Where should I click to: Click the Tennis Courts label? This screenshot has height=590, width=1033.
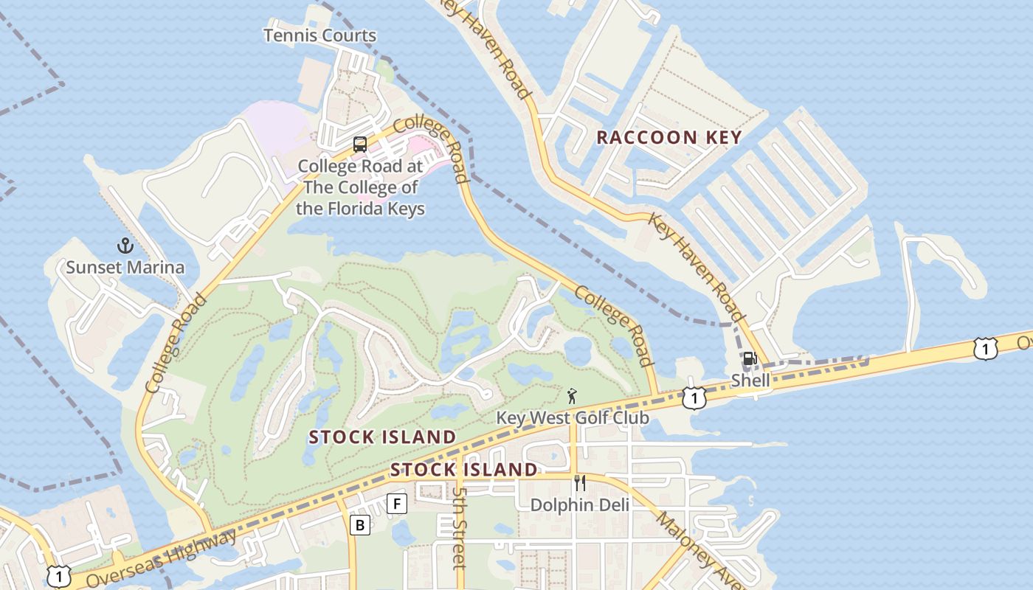pos(319,35)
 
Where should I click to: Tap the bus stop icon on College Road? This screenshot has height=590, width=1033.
pos(360,145)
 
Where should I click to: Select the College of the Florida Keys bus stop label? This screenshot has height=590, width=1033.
pos(360,187)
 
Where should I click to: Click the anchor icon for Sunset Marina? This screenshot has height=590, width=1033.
pos(125,246)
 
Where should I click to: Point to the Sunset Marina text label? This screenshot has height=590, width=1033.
pos(125,267)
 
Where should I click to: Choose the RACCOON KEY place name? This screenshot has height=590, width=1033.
pos(668,137)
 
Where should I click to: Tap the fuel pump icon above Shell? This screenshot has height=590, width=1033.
pos(750,359)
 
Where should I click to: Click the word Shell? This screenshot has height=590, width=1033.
pos(750,381)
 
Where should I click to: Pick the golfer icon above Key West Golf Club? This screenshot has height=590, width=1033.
pos(572,396)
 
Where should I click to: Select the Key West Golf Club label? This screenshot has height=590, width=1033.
pos(573,418)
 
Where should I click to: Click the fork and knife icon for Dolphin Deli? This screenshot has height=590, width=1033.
pos(580,483)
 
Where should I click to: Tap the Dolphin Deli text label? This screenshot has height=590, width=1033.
pos(580,505)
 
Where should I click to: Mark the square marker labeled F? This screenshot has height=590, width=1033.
pos(397,504)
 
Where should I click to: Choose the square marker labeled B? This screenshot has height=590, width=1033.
pos(359,525)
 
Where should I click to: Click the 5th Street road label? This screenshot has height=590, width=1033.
pos(460,528)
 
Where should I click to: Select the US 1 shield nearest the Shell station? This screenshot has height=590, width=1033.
pos(694,398)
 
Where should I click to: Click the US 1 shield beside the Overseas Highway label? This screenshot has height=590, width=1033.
pos(58,576)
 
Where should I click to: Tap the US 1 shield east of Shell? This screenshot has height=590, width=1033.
pos(985,348)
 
